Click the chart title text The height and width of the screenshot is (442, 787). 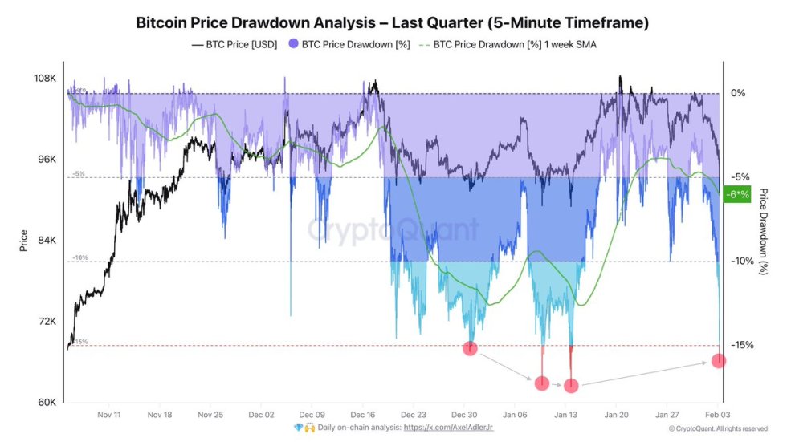(393, 22)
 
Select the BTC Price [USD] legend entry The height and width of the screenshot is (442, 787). (234, 45)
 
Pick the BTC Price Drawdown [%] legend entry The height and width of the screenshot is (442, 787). (349, 45)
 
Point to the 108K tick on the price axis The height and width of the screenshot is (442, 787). (44, 79)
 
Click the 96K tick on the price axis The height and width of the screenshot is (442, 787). (46, 160)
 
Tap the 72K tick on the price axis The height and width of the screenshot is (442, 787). (46, 322)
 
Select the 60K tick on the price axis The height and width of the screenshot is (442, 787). (46, 403)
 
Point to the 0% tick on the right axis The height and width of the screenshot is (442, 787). (738, 93)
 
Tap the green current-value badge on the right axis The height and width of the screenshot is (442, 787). (736, 194)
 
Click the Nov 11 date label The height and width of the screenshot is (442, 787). (108, 416)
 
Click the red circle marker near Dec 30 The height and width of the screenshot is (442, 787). (471, 348)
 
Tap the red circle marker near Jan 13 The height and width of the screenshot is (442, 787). (571, 386)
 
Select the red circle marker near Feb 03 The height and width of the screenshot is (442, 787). (719, 361)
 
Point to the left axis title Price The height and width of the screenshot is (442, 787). (23, 241)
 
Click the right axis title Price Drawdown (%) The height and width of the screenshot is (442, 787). (764, 233)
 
